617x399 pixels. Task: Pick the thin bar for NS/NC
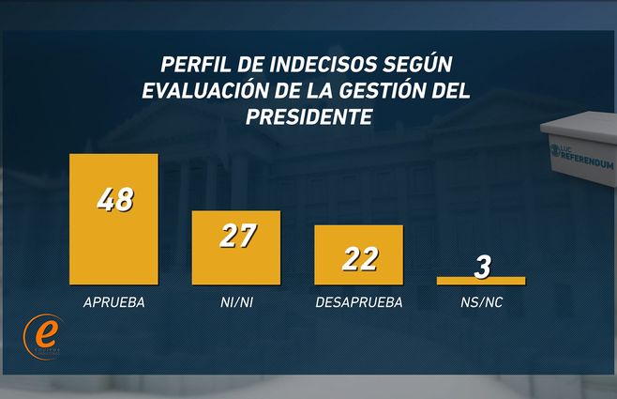click(x=481, y=280)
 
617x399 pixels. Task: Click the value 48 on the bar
click(x=114, y=201)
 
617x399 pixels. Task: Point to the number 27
click(x=236, y=236)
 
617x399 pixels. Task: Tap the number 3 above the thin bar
click(x=482, y=267)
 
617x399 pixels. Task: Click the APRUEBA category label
click(x=113, y=302)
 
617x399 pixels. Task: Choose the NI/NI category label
click(x=235, y=302)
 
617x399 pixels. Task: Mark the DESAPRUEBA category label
click(x=359, y=302)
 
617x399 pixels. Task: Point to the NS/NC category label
click(x=481, y=302)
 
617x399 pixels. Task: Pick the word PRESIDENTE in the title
click(x=308, y=116)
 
